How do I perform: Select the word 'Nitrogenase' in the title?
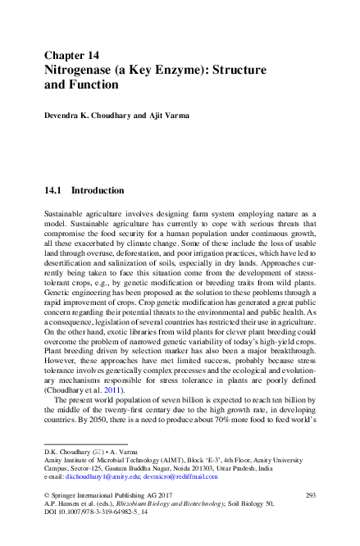pyautogui.click(x=80, y=71)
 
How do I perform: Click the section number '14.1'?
pyautogui.click(x=53, y=190)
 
